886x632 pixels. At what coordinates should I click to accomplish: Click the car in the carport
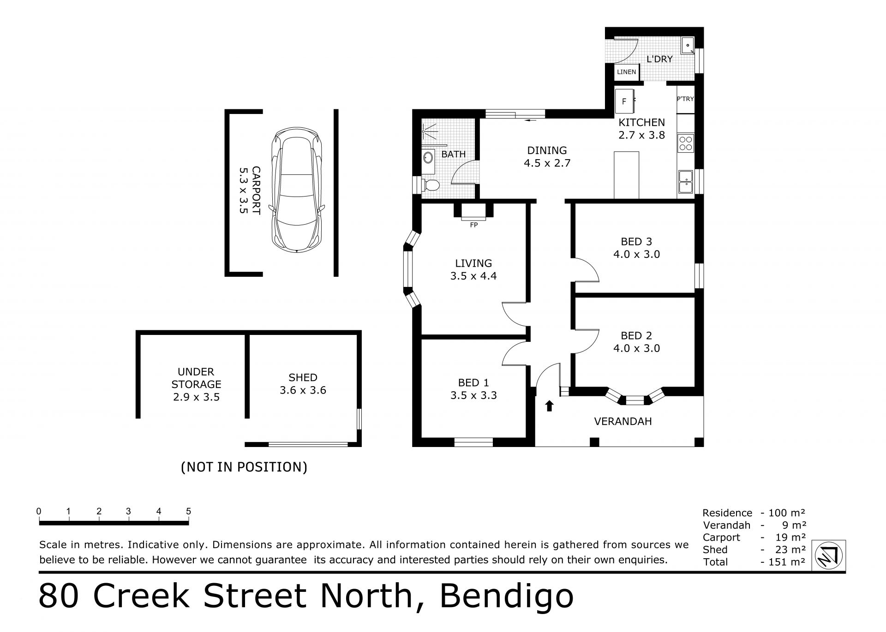click(297, 190)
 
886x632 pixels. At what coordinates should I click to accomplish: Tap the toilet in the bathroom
click(431, 185)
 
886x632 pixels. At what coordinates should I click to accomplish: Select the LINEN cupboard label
click(626, 72)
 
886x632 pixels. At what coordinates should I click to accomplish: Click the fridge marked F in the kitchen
click(624, 101)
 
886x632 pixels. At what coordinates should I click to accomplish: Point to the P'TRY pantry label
click(685, 99)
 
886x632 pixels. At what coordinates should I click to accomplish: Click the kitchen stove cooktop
click(686, 143)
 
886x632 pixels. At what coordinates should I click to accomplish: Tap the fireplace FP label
click(473, 225)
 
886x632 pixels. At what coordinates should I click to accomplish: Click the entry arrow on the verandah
click(549, 405)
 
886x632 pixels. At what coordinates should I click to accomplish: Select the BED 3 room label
click(636, 242)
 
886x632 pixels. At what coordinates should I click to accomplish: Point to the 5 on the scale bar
click(188, 511)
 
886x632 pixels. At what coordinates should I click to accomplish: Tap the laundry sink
click(688, 45)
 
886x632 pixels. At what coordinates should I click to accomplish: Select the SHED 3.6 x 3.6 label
click(303, 384)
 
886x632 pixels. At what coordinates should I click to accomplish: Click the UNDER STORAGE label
click(196, 378)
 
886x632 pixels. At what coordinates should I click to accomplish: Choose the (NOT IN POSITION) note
click(244, 467)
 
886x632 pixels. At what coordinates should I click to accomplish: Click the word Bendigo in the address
click(506, 596)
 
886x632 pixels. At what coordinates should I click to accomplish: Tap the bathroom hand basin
click(428, 157)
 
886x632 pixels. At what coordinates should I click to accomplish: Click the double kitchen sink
click(686, 182)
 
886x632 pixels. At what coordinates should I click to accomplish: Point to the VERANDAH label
click(623, 421)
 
